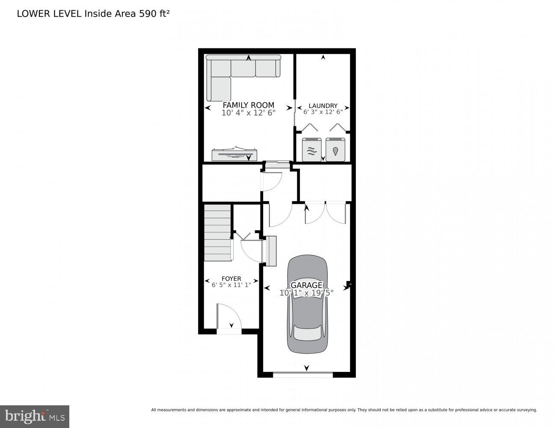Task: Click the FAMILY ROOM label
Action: pyautogui.click(x=248, y=105)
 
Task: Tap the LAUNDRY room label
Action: pyautogui.click(x=323, y=106)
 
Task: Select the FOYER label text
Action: pyautogui.click(x=231, y=279)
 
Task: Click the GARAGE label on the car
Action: pyautogui.click(x=306, y=285)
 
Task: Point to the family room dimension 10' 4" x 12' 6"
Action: pyautogui.click(x=248, y=113)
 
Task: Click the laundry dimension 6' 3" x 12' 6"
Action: pyautogui.click(x=323, y=112)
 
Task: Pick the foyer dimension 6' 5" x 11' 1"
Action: pyautogui.click(x=231, y=285)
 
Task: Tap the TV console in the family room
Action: pyautogui.click(x=234, y=154)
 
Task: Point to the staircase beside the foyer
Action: pyautogui.click(x=218, y=232)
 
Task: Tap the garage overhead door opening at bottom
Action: pyautogui.click(x=303, y=375)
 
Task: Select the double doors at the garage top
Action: pyautogui.click(x=325, y=213)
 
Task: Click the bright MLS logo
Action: pyautogui.click(x=34, y=416)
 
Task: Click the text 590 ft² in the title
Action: pyautogui.click(x=154, y=14)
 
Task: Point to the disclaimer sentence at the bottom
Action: pyautogui.click(x=344, y=410)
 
